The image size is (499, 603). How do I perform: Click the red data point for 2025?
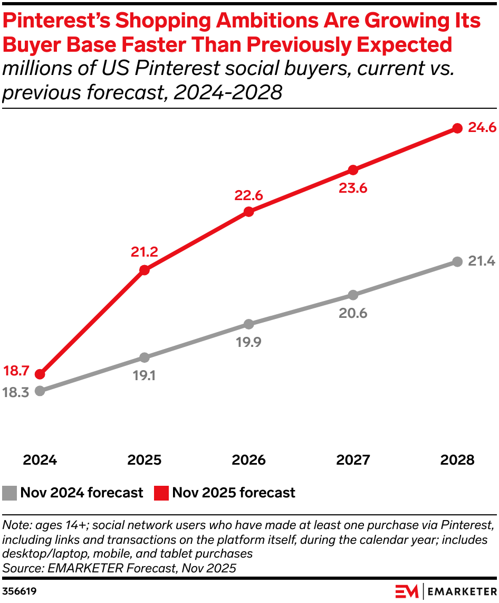(x=145, y=270)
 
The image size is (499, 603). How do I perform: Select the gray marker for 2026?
(x=249, y=324)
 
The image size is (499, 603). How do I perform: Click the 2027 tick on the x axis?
(x=353, y=460)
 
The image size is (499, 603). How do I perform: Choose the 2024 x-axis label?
(x=40, y=460)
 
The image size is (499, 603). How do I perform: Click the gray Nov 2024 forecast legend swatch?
(x=10, y=493)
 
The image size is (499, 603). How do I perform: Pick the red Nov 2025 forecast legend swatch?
(x=161, y=493)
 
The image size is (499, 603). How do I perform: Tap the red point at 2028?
(x=458, y=128)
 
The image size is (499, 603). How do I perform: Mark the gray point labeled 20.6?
(x=353, y=295)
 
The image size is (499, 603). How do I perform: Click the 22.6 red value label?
(x=248, y=195)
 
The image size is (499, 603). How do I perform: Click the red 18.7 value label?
(x=17, y=371)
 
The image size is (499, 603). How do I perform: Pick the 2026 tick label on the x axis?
(x=249, y=460)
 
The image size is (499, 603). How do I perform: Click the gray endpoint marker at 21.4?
(x=458, y=262)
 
